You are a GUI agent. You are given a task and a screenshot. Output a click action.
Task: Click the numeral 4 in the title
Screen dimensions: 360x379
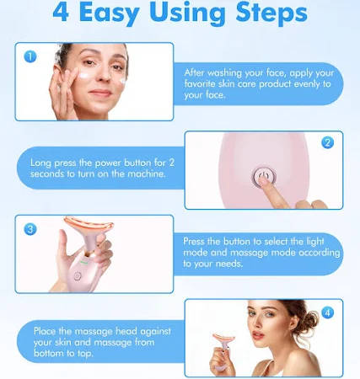tap(61, 13)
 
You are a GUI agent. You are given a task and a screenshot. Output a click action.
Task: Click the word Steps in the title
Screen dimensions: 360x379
tap(271, 13)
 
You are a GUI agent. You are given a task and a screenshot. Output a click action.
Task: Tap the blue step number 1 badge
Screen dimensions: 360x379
tap(30, 56)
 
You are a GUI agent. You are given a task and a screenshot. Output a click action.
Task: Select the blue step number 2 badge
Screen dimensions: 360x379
tap(327, 142)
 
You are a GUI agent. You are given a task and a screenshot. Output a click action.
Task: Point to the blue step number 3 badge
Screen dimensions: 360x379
tap(30, 229)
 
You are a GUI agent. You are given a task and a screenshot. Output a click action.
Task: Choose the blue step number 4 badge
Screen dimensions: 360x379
tap(327, 312)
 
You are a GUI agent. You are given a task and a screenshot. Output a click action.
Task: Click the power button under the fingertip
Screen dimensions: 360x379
tap(263, 177)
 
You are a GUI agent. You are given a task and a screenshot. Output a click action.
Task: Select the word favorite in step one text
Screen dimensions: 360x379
tap(200, 84)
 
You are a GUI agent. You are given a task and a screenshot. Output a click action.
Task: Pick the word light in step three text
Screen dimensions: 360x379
tap(315, 242)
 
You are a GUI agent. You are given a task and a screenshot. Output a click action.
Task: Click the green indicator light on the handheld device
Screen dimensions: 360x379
tap(83, 263)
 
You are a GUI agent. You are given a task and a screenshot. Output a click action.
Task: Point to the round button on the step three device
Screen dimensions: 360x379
tap(78, 276)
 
